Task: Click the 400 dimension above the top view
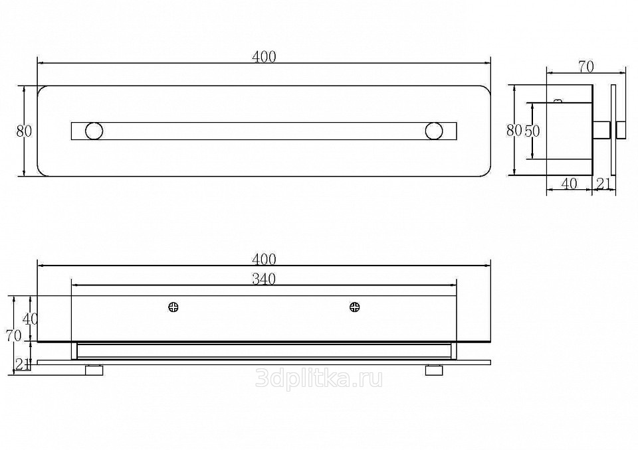coord(264,57)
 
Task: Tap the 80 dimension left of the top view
coord(24,131)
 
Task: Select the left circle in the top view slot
coord(94,131)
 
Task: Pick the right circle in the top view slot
coord(435,131)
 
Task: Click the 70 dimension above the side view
coord(585,66)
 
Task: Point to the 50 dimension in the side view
coord(532,131)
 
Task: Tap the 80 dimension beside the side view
coord(514,131)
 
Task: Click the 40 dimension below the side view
coord(568,184)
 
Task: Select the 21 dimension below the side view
coord(604,184)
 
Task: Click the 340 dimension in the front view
coord(264,279)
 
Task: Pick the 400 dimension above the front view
coord(264,260)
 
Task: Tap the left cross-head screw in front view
coord(175,307)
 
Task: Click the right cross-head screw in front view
coord(355,307)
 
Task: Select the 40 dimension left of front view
coord(30,319)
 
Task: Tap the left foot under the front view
coord(94,370)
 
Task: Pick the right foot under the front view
coord(435,370)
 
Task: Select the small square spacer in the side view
coord(601,129)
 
